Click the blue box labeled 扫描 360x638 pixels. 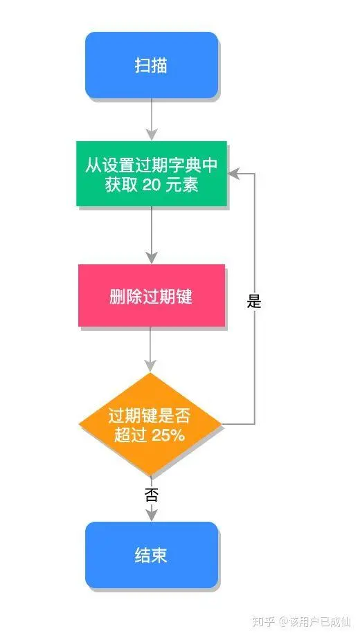[x=151, y=65]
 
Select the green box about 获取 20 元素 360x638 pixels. [x=152, y=174]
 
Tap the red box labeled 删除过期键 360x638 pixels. [x=151, y=295]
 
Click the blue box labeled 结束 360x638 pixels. [x=151, y=555]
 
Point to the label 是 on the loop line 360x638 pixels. [x=254, y=301]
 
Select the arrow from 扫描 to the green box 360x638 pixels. [x=151, y=119]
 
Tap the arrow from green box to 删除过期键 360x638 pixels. [x=151, y=234]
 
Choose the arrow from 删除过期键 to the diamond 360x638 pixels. [x=151, y=349]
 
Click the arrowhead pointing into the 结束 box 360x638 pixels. [x=151, y=514]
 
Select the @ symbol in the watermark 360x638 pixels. [x=283, y=621]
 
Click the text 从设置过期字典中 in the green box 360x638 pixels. [x=152, y=165]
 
